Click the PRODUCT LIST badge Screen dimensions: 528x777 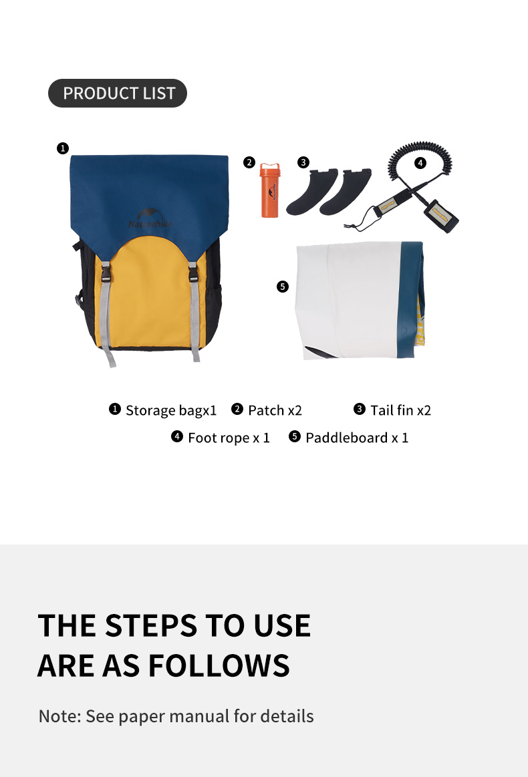point(118,93)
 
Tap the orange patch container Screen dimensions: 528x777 point(270,191)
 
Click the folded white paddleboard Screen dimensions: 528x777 point(360,300)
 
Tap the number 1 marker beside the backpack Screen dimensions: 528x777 point(62,148)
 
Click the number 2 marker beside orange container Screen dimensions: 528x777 point(249,162)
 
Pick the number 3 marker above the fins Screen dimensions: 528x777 point(303,162)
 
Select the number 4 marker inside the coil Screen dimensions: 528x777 point(420,162)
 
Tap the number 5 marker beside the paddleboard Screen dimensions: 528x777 point(283,287)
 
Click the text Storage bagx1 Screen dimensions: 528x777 point(171,410)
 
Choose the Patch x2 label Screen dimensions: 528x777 point(275,410)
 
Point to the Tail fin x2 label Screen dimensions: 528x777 point(400,410)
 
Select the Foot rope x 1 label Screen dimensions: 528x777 point(229,438)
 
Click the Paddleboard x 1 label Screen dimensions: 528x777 point(357,438)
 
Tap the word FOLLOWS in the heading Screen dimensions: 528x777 point(219,665)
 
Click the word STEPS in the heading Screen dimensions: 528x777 point(151,625)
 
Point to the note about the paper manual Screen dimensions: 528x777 point(176,716)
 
